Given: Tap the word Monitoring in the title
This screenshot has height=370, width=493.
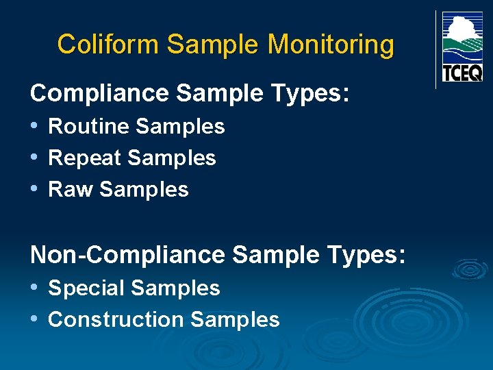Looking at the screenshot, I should point(331,45).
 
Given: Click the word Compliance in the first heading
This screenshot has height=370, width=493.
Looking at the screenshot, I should point(99,93).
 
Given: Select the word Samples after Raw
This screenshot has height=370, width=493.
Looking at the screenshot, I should point(144,190).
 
